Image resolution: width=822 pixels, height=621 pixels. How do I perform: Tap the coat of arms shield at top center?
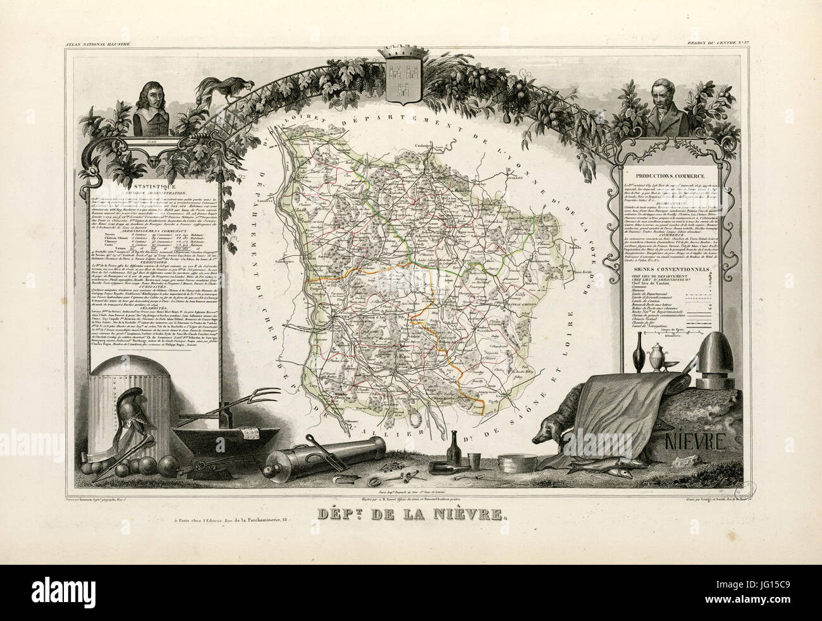coord(402,81)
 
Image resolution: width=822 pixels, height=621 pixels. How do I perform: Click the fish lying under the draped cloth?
coord(598,469)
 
